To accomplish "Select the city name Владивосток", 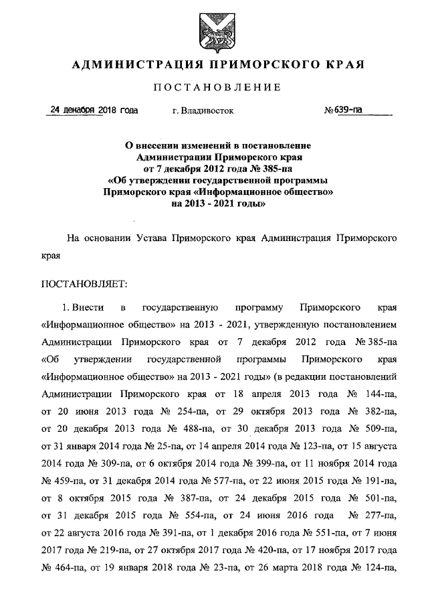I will (x=203, y=111).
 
